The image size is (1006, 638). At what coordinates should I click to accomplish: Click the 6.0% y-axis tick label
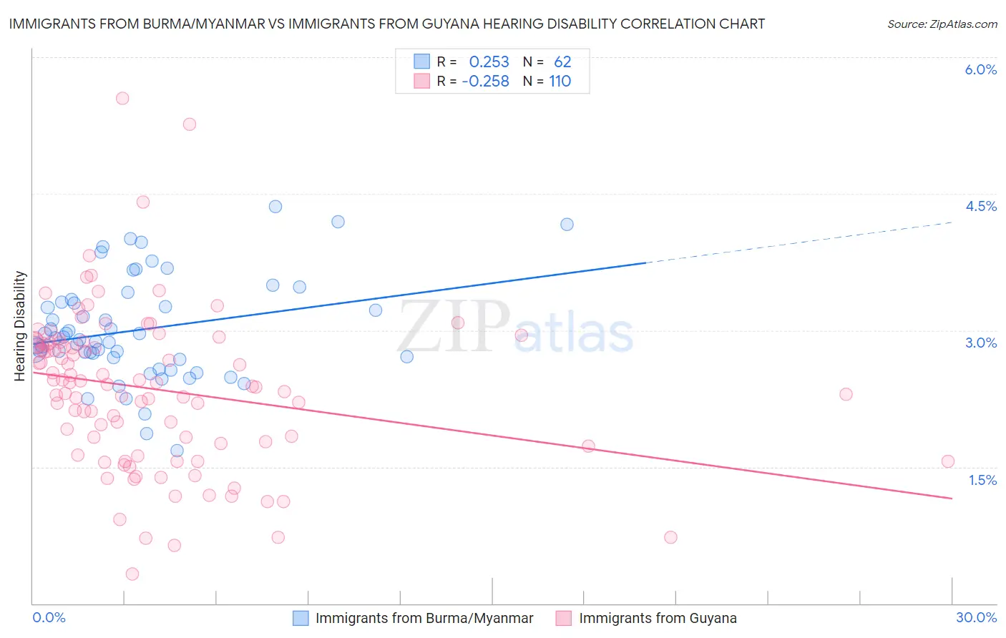pos(980,69)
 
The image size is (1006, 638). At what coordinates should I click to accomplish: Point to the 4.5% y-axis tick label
pos(980,206)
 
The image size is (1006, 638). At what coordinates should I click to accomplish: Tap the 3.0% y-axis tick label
pos(980,343)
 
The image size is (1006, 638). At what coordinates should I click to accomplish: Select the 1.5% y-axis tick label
pos(982,480)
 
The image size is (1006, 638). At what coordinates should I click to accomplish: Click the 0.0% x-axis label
pos(49,617)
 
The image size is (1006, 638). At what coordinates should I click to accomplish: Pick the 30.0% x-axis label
pos(976,617)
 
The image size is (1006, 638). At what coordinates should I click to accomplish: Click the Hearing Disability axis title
pos(20,325)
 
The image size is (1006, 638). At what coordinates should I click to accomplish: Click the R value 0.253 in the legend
pos(489,62)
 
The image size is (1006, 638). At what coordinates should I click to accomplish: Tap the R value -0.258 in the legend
pos(485,81)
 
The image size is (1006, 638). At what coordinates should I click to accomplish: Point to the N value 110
pos(560,81)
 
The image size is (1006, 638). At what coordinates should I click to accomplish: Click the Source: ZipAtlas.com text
pos(942,24)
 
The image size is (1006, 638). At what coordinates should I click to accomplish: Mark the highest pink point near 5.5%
pos(122,98)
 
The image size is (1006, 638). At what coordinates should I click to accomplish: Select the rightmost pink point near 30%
pos(948,461)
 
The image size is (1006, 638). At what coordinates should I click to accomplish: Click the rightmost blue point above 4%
pos(567,224)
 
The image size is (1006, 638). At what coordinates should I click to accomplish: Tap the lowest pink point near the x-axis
pos(132,574)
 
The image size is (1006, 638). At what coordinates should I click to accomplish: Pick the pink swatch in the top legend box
pos(422,81)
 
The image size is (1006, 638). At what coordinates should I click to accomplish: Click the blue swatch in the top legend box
pos(422,62)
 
